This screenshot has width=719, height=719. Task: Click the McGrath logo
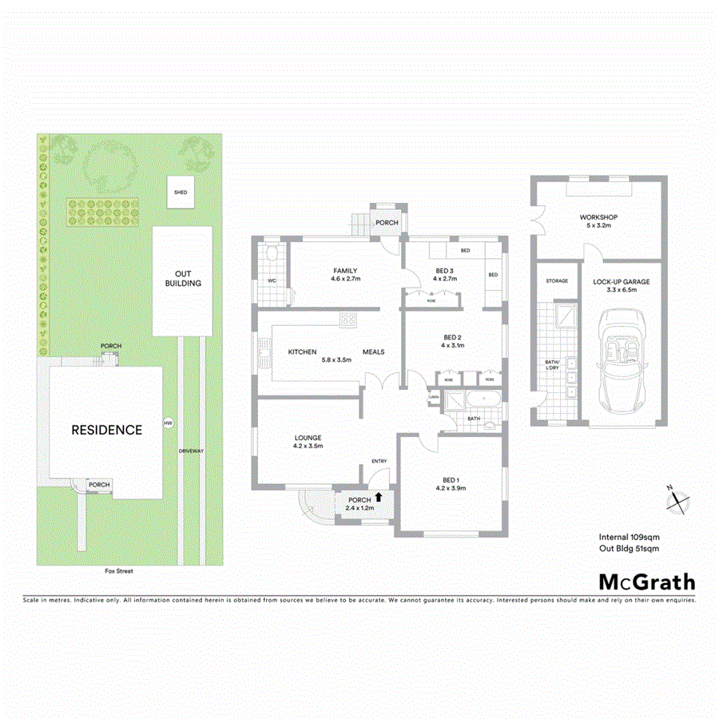[647, 582]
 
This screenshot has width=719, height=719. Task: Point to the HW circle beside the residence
[168, 423]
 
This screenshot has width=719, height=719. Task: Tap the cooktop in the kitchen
[348, 320]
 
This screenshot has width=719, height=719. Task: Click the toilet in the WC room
[272, 254]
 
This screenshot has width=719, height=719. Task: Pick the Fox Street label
[117, 571]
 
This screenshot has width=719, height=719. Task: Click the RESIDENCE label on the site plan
[107, 430]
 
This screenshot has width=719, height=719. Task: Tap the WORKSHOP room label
[598, 217]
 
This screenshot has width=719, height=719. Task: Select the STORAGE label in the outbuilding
[557, 281]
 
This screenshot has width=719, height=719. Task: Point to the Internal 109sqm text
[629, 537]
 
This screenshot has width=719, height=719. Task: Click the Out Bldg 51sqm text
[629, 549]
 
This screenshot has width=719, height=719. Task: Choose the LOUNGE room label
[308, 438]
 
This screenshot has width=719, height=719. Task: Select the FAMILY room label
[345, 271]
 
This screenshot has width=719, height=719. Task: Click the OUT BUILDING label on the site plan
[183, 278]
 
